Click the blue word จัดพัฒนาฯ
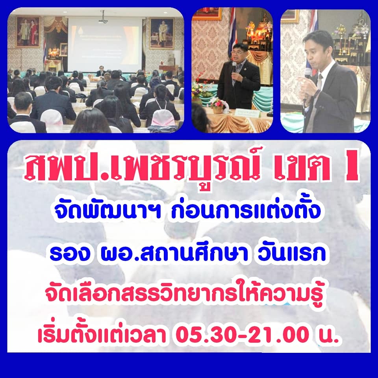(x=106, y=210)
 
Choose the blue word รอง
(x=70, y=254)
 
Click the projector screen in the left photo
(x=105, y=44)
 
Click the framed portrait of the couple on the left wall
(x=28, y=31)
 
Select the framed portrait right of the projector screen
(x=161, y=33)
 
